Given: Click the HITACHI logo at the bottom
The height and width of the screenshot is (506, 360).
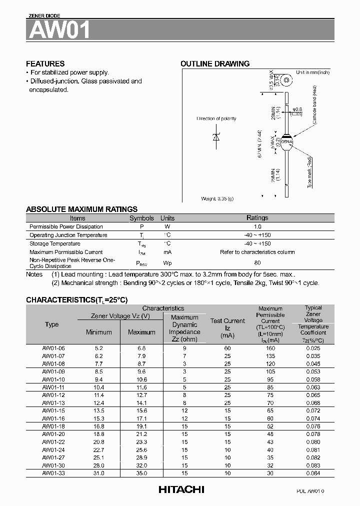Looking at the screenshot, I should pyautogui.click(x=181, y=490).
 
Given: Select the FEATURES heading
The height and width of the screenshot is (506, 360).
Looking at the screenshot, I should pyautogui.click(x=45, y=64).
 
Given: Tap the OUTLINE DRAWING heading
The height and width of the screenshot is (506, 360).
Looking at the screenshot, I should pyautogui.click(x=214, y=64).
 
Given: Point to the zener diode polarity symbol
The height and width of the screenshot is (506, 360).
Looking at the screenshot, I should pyautogui.click(x=216, y=137).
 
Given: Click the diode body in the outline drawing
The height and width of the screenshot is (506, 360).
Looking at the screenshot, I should pyautogui.click(x=287, y=142).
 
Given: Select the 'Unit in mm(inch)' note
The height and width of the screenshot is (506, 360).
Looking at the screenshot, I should pyautogui.click(x=312, y=72).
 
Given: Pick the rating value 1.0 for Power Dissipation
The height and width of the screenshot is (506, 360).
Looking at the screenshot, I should pyautogui.click(x=257, y=226).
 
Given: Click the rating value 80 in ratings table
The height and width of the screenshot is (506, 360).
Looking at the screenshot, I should pyautogui.click(x=257, y=262).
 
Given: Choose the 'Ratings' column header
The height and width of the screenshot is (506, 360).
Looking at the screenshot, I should pyautogui.click(x=257, y=218).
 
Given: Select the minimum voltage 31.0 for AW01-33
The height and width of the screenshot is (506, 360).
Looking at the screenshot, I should pyautogui.click(x=98, y=473).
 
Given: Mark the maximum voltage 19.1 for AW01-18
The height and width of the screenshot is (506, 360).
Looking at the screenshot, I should pyautogui.click(x=141, y=426).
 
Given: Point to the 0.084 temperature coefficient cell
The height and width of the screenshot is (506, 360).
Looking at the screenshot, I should pyautogui.click(x=313, y=473).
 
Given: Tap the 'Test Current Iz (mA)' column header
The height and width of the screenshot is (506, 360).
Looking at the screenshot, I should pyautogui.click(x=227, y=328).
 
